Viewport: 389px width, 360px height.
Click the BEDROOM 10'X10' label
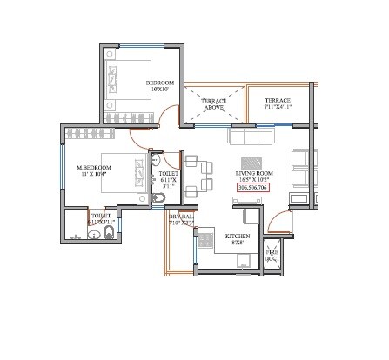tap(159, 86)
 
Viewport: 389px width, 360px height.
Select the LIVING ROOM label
tap(252, 174)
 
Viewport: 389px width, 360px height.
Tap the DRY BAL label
tap(181, 219)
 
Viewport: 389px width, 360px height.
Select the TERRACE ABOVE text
tap(214, 105)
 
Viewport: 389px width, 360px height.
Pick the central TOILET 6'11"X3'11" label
tap(168, 178)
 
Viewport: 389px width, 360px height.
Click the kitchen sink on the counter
tap(208, 240)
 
